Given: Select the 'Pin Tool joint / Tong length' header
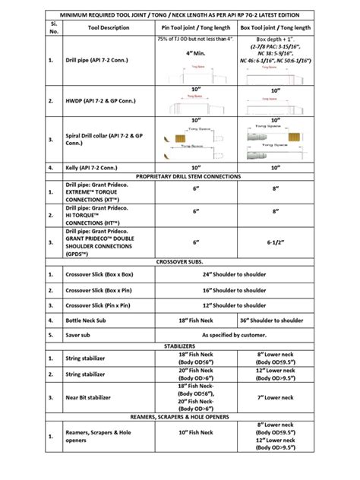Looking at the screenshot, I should coord(195,27).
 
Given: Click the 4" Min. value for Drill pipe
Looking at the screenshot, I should coord(195,52).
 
